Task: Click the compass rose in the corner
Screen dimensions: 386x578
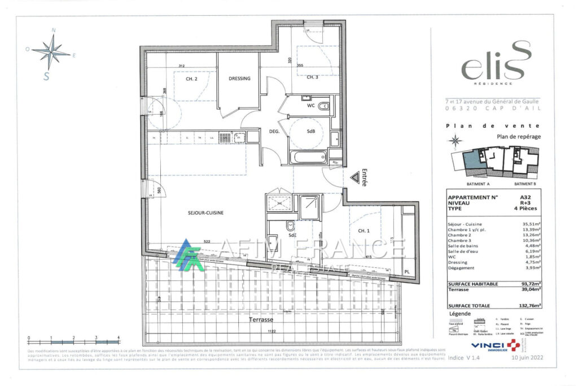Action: point(51,53)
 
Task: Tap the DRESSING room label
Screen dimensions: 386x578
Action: point(239,79)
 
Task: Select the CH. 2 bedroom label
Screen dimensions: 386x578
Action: point(191,79)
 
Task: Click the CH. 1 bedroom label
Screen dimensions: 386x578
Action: point(363,231)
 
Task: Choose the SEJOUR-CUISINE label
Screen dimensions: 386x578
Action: point(205,212)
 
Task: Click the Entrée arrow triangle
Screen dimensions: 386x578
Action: point(355,178)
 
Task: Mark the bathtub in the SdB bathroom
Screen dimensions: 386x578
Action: point(310,156)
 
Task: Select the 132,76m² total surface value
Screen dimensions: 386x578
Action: point(529,305)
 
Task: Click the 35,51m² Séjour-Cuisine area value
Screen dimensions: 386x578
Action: point(531,224)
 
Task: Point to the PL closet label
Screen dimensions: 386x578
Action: point(407,272)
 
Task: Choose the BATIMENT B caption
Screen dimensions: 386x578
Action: point(525,184)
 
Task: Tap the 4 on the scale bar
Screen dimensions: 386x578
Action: point(119,338)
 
